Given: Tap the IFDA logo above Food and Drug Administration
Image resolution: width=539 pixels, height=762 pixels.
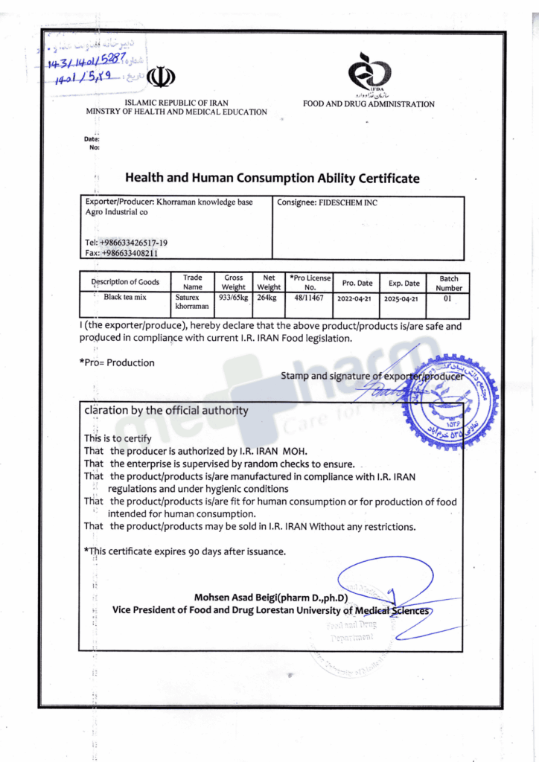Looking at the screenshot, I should point(369,72).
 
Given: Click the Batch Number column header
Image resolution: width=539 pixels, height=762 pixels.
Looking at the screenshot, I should point(449,283).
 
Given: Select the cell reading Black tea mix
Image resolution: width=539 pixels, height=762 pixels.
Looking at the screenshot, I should point(125,297).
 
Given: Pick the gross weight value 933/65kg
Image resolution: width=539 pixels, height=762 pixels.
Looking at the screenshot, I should point(233,297).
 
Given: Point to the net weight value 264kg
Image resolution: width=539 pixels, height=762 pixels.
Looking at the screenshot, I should point(267,297).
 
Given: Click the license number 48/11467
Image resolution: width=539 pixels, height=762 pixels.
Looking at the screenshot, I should point(309,297).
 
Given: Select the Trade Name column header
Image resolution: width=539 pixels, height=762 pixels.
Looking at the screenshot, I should point(192,282).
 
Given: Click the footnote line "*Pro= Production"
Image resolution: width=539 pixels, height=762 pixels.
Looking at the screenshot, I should point(117,363).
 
